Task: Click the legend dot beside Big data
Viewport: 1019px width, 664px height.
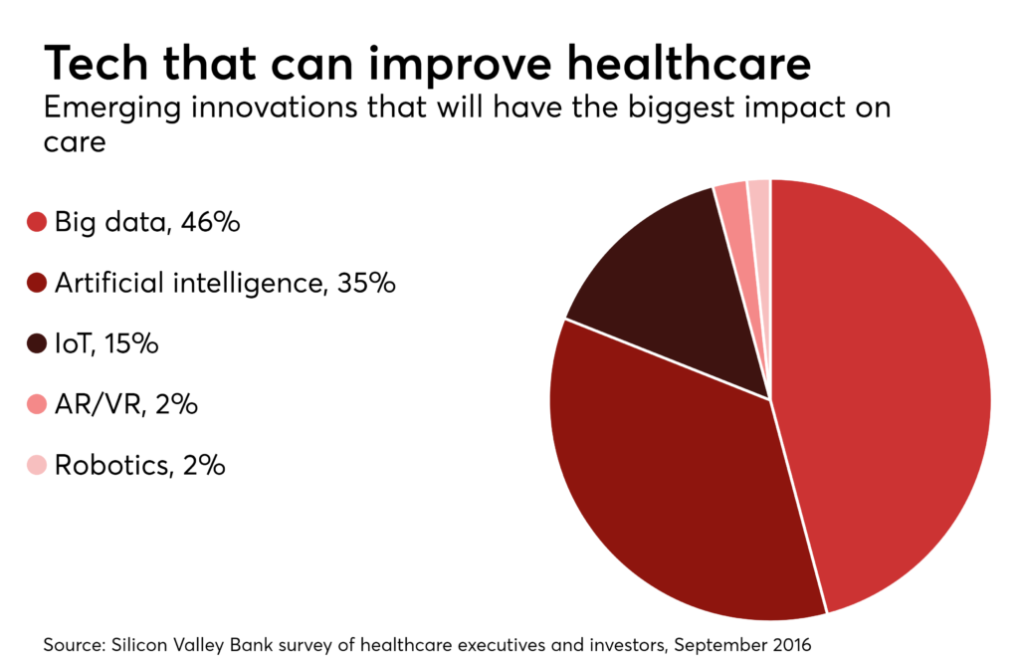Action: pos(37,222)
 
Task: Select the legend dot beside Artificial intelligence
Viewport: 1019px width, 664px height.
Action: pos(37,284)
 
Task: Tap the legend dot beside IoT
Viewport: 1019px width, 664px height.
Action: pos(37,344)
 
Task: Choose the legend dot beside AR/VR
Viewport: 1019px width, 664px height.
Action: pos(37,405)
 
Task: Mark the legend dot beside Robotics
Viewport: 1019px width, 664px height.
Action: pos(37,465)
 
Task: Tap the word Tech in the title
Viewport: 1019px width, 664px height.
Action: pos(96,64)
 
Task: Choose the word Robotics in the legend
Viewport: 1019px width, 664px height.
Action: pos(109,465)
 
